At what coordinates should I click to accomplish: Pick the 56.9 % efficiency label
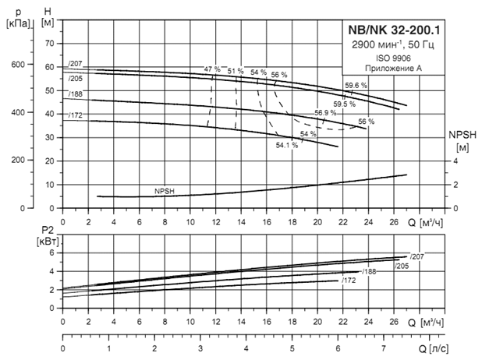pyautogui.click(x=325, y=113)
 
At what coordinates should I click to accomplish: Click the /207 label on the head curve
pyautogui.click(x=75, y=62)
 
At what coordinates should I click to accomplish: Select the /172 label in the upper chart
pyautogui.click(x=75, y=116)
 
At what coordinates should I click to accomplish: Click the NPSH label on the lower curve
pyautogui.click(x=165, y=190)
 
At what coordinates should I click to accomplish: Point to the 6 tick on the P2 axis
pyautogui.click(x=51, y=252)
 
